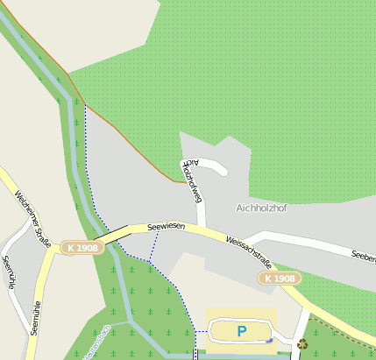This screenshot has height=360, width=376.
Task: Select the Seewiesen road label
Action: click(166, 226)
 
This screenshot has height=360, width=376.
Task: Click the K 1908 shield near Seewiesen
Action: click(82, 248)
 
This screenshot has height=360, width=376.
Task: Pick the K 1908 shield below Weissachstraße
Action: click(280, 279)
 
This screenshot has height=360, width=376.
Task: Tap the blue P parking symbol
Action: click(241, 331)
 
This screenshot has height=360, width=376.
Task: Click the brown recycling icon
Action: click(302, 344)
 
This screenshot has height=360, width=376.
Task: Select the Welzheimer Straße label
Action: click(33, 218)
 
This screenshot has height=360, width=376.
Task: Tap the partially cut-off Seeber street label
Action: click(363, 257)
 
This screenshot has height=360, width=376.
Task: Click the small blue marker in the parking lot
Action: click(271, 341)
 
